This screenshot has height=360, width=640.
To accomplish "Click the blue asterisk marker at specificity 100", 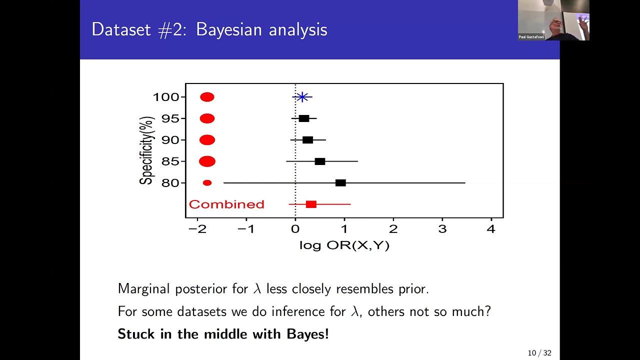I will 302,97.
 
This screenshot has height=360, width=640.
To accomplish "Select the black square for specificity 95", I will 304,118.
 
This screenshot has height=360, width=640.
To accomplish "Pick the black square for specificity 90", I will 307,140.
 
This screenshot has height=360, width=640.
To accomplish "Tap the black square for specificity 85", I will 320,161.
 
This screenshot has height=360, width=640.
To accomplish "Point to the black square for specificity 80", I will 340,183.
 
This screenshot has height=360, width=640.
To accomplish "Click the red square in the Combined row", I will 311,204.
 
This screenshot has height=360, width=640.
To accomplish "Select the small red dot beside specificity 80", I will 207,183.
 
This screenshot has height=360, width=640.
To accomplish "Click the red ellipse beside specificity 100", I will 207,97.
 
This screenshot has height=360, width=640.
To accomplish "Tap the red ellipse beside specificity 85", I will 207,161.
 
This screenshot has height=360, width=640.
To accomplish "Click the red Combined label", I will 226,204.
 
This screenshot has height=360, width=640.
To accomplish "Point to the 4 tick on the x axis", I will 491,229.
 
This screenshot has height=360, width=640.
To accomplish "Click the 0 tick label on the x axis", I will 295,229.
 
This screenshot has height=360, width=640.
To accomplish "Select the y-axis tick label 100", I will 165,97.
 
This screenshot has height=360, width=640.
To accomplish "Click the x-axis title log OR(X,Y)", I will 344,245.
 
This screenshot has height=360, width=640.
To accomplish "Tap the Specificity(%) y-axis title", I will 146,150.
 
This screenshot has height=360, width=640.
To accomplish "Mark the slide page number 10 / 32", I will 539,353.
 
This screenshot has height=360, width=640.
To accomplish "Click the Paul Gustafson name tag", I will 531,37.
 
